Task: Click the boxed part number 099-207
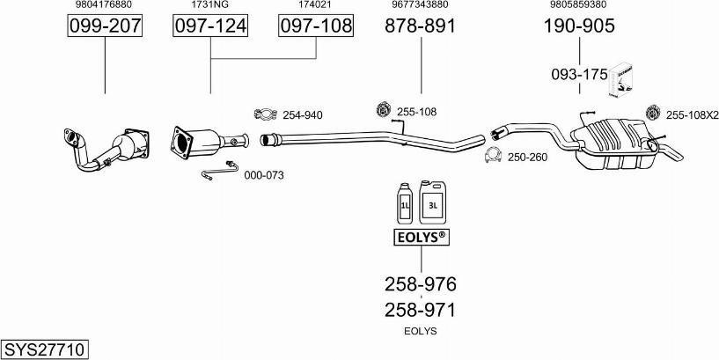[x=105, y=26]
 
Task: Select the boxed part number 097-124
[x=210, y=26]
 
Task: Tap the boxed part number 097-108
[x=317, y=26]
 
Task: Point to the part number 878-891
[x=421, y=26]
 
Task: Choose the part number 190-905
[x=579, y=26]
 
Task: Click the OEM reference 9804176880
[x=104, y=4]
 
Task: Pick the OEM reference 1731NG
[x=211, y=4]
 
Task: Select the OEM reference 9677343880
[x=420, y=4]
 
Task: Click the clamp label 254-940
[x=302, y=115]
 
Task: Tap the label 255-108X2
[x=693, y=115]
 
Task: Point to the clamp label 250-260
[x=527, y=158]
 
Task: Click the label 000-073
[x=264, y=175]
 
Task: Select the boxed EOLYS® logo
[x=421, y=237]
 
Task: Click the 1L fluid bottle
[x=405, y=204]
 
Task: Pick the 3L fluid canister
[x=432, y=202]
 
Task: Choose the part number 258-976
[x=421, y=284]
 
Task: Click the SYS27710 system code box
[x=45, y=350]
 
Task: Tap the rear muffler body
[x=613, y=143]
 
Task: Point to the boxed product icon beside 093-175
[x=620, y=80]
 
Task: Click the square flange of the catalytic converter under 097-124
[x=181, y=143]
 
